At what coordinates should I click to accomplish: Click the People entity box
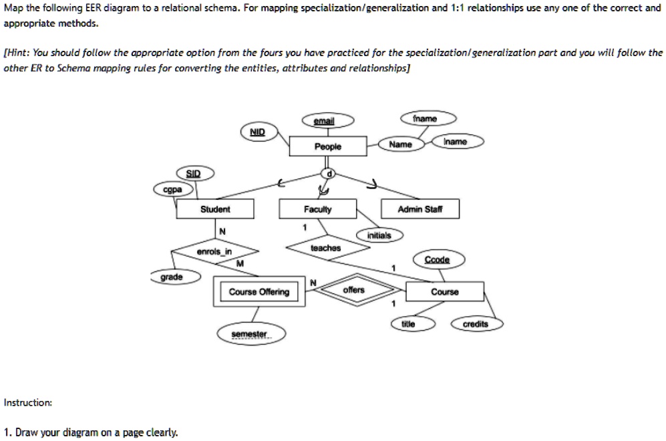click(327, 146)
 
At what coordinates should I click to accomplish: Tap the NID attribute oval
click(257, 132)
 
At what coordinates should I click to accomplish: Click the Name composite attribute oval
click(400, 144)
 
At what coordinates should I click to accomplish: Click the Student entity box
click(215, 210)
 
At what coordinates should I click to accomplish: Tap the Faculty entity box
click(317, 210)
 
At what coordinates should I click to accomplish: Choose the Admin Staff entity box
click(419, 210)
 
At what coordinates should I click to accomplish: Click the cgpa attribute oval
click(173, 189)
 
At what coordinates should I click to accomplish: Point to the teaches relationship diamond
click(325, 248)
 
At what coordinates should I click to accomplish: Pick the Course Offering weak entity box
click(259, 292)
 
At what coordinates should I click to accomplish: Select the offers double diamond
click(353, 290)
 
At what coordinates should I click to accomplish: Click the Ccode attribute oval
click(441, 259)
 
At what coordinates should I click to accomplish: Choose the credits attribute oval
click(476, 324)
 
